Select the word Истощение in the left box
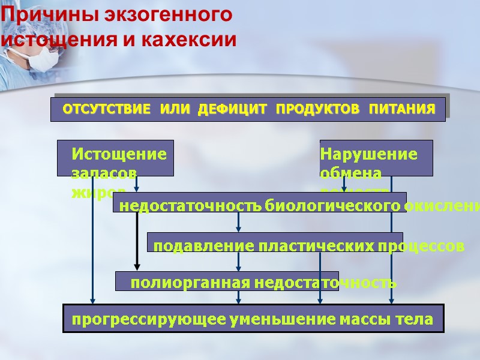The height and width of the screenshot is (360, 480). [x=119, y=154]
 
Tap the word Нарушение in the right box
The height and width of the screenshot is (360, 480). [x=369, y=154]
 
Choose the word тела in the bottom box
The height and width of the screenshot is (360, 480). [x=413, y=320]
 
